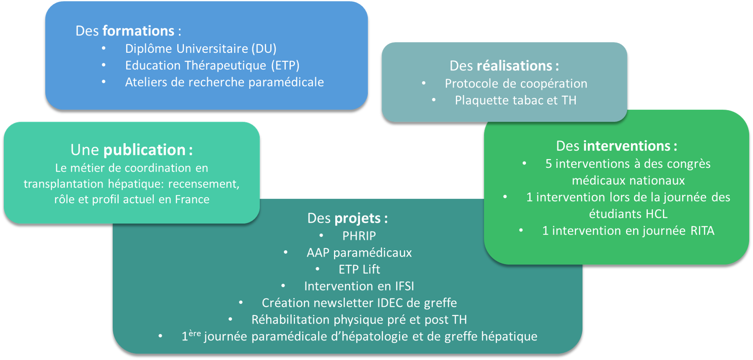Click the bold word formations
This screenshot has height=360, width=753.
138,31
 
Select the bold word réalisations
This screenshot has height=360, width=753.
514,66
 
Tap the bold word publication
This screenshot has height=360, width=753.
144,150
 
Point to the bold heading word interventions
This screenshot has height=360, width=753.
626,146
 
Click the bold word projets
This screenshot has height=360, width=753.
358,218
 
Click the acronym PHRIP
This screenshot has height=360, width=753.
359,236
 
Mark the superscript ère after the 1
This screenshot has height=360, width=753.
194,333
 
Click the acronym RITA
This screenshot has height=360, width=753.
702,231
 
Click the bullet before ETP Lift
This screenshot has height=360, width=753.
317,269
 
